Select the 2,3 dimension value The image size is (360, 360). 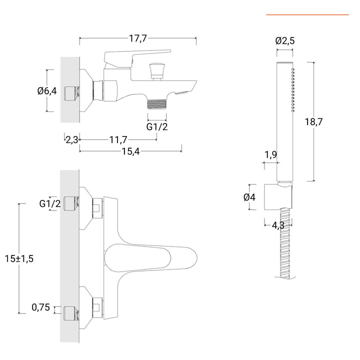point(71,139)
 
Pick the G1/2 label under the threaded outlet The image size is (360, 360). point(157,126)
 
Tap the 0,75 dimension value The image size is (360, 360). point(41,308)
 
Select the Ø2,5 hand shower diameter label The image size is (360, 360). point(285,41)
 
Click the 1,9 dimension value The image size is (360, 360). point(270,154)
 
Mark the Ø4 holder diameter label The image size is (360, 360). point(249,197)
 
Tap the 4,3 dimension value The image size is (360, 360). point(278,225)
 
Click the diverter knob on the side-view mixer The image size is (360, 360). point(157,69)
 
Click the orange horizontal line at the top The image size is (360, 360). point(307,15)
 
